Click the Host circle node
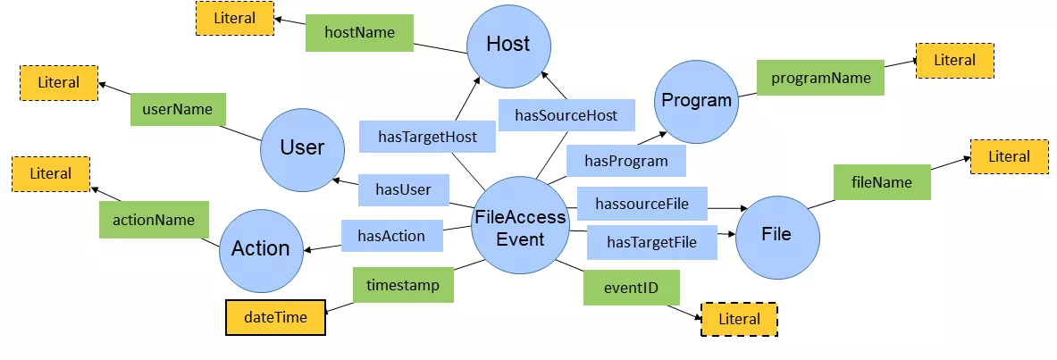coord(508,44)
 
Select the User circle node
coord(302,148)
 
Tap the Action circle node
coord(261,248)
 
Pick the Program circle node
coord(696,101)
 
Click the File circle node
coord(776,234)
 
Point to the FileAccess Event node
coord(520,228)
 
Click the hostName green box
coord(359,33)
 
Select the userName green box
coord(177,110)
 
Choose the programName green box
coord(820,79)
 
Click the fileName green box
coord(882,182)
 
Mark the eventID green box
coord(632,288)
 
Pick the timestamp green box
coord(403,284)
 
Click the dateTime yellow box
coord(274,317)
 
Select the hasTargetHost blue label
coord(427,138)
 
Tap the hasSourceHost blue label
coord(566,115)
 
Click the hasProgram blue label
coord(625,161)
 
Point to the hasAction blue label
coord(390,237)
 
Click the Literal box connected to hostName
coord(235,19)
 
